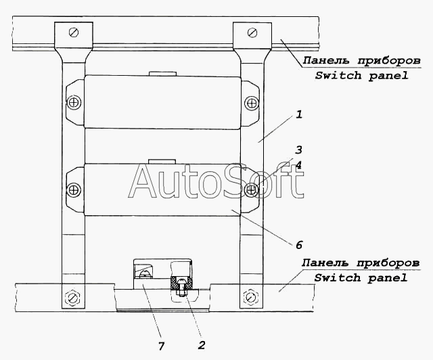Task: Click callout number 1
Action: tap(299, 114)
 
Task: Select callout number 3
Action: tap(299, 150)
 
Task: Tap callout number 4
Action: tap(299, 165)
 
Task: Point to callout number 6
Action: tap(299, 245)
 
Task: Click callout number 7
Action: tap(161, 346)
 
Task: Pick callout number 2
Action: tap(202, 345)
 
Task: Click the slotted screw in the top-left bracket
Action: tap(74, 32)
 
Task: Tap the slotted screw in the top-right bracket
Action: tap(252, 32)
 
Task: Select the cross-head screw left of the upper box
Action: tap(74, 103)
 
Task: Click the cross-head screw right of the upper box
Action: tap(252, 103)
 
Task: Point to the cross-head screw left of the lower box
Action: tap(74, 189)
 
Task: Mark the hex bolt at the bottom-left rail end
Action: tap(72, 298)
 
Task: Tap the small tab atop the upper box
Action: tap(162, 74)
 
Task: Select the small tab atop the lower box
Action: tap(162, 162)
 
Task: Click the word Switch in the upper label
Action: tap(338, 75)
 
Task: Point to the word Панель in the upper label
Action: tap(326, 60)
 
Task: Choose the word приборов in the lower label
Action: tap(388, 263)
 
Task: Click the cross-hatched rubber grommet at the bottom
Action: tap(182, 283)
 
